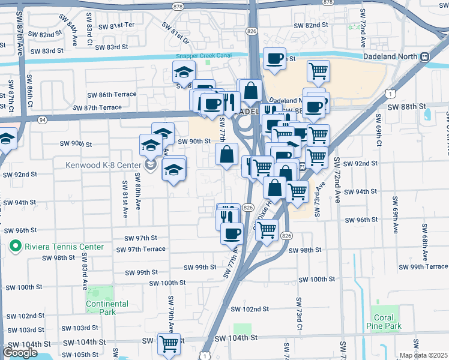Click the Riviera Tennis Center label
tap(64, 247)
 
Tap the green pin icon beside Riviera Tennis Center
tap(15, 247)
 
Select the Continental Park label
tap(107, 308)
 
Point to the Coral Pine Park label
tap(384, 322)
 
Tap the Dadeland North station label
tap(390, 56)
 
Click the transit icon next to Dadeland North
tap(424, 56)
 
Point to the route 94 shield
tap(42, 119)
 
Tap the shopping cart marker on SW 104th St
tap(169, 344)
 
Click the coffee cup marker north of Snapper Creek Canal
tap(274, 59)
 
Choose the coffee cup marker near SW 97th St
tap(232, 234)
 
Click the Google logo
tap(20, 353)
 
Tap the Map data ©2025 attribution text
tap(423, 355)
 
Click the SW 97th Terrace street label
tap(140, 250)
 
